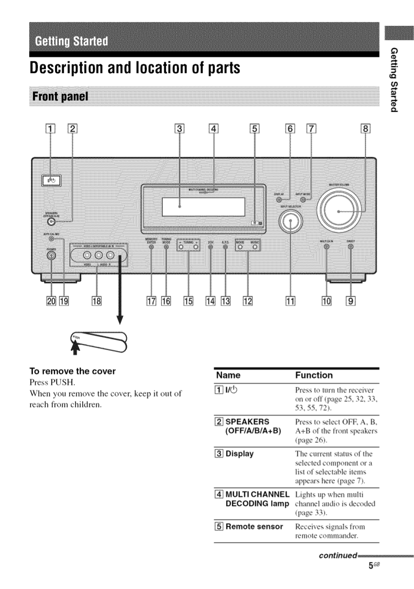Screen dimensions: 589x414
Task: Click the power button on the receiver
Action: pyautogui.click(x=51, y=181)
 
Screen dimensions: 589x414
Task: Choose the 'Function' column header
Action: pyautogui.click(x=314, y=375)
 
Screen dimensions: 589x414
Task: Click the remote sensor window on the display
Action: pyautogui.click(x=256, y=222)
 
